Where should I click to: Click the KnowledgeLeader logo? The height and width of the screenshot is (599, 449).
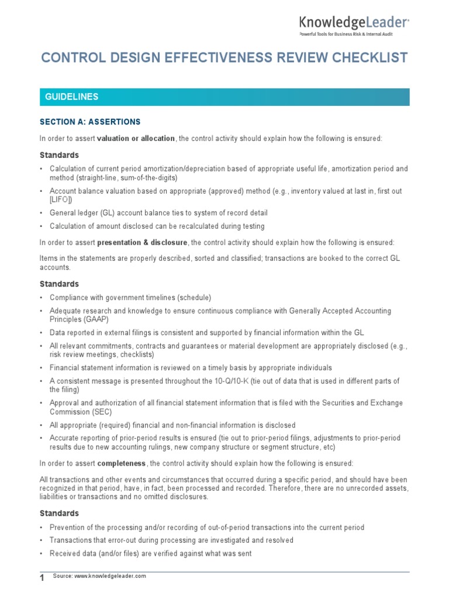tap(354, 23)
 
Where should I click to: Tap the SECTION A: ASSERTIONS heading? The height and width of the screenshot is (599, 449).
tap(90, 122)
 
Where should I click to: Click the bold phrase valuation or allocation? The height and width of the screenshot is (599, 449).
tap(136, 139)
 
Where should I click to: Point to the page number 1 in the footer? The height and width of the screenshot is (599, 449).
tap(42, 579)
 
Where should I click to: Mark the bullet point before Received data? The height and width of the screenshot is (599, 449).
tap(42, 553)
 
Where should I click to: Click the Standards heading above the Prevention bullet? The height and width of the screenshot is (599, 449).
tap(59, 513)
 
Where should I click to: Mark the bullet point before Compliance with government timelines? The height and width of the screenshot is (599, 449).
tap(42, 298)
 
